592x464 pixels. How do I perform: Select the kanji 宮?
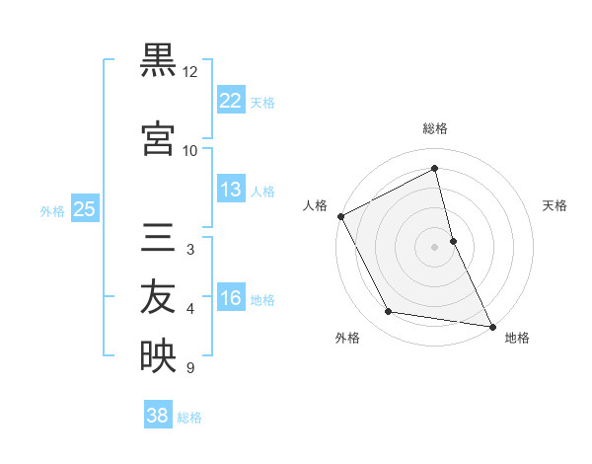point(158,138)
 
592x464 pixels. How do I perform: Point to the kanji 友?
point(158,297)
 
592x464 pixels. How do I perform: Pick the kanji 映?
point(158,355)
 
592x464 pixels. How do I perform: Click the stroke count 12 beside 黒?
point(190,72)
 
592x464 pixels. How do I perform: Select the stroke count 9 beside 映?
point(190,368)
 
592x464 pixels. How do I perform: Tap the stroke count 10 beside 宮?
point(190,151)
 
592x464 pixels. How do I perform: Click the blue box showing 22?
point(230,100)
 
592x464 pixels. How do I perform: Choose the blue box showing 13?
point(230,190)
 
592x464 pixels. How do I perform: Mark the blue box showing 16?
point(230,298)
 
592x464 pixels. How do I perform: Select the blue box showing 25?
point(84,208)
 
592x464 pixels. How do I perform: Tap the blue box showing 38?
point(158,416)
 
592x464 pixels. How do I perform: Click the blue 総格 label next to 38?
point(189,418)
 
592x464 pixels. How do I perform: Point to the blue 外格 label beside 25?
point(52,210)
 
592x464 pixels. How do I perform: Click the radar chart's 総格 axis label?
point(435,128)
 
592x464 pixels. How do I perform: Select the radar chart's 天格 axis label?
point(555,205)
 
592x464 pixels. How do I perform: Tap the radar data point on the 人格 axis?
point(340,216)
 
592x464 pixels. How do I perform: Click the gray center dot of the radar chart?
point(435,247)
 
